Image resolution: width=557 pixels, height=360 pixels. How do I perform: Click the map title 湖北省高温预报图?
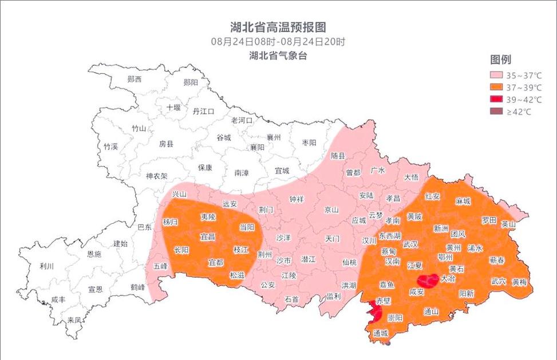tap(278, 27)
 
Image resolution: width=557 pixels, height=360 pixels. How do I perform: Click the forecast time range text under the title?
tap(278, 42)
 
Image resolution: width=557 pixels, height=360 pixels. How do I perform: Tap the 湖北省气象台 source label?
tap(278, 56)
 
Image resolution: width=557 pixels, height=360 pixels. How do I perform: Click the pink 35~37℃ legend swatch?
tap(495, 76)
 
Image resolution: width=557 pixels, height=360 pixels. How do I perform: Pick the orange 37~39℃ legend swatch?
tap(495, 88)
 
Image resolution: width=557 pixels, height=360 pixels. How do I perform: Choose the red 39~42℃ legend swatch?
tap(495, 100)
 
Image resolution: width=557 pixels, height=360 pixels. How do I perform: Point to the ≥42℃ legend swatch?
tap(495, 112)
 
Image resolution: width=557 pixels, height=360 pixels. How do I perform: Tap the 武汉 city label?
tap(410, 244)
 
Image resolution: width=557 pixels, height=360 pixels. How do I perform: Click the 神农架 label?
tap(156, 176)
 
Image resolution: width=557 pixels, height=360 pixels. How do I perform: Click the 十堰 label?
tap(173, 108)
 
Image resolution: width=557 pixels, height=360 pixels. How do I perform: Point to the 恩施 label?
tap(94, 254)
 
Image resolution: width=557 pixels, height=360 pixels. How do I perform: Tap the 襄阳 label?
tap(257, 148)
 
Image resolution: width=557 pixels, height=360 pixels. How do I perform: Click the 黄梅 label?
tap(519, 282)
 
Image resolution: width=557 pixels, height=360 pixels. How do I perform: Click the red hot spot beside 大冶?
tap(428, 280)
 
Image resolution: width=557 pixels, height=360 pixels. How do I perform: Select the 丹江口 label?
tap(203, 112)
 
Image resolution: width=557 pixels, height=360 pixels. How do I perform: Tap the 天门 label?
tap(333, 238)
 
